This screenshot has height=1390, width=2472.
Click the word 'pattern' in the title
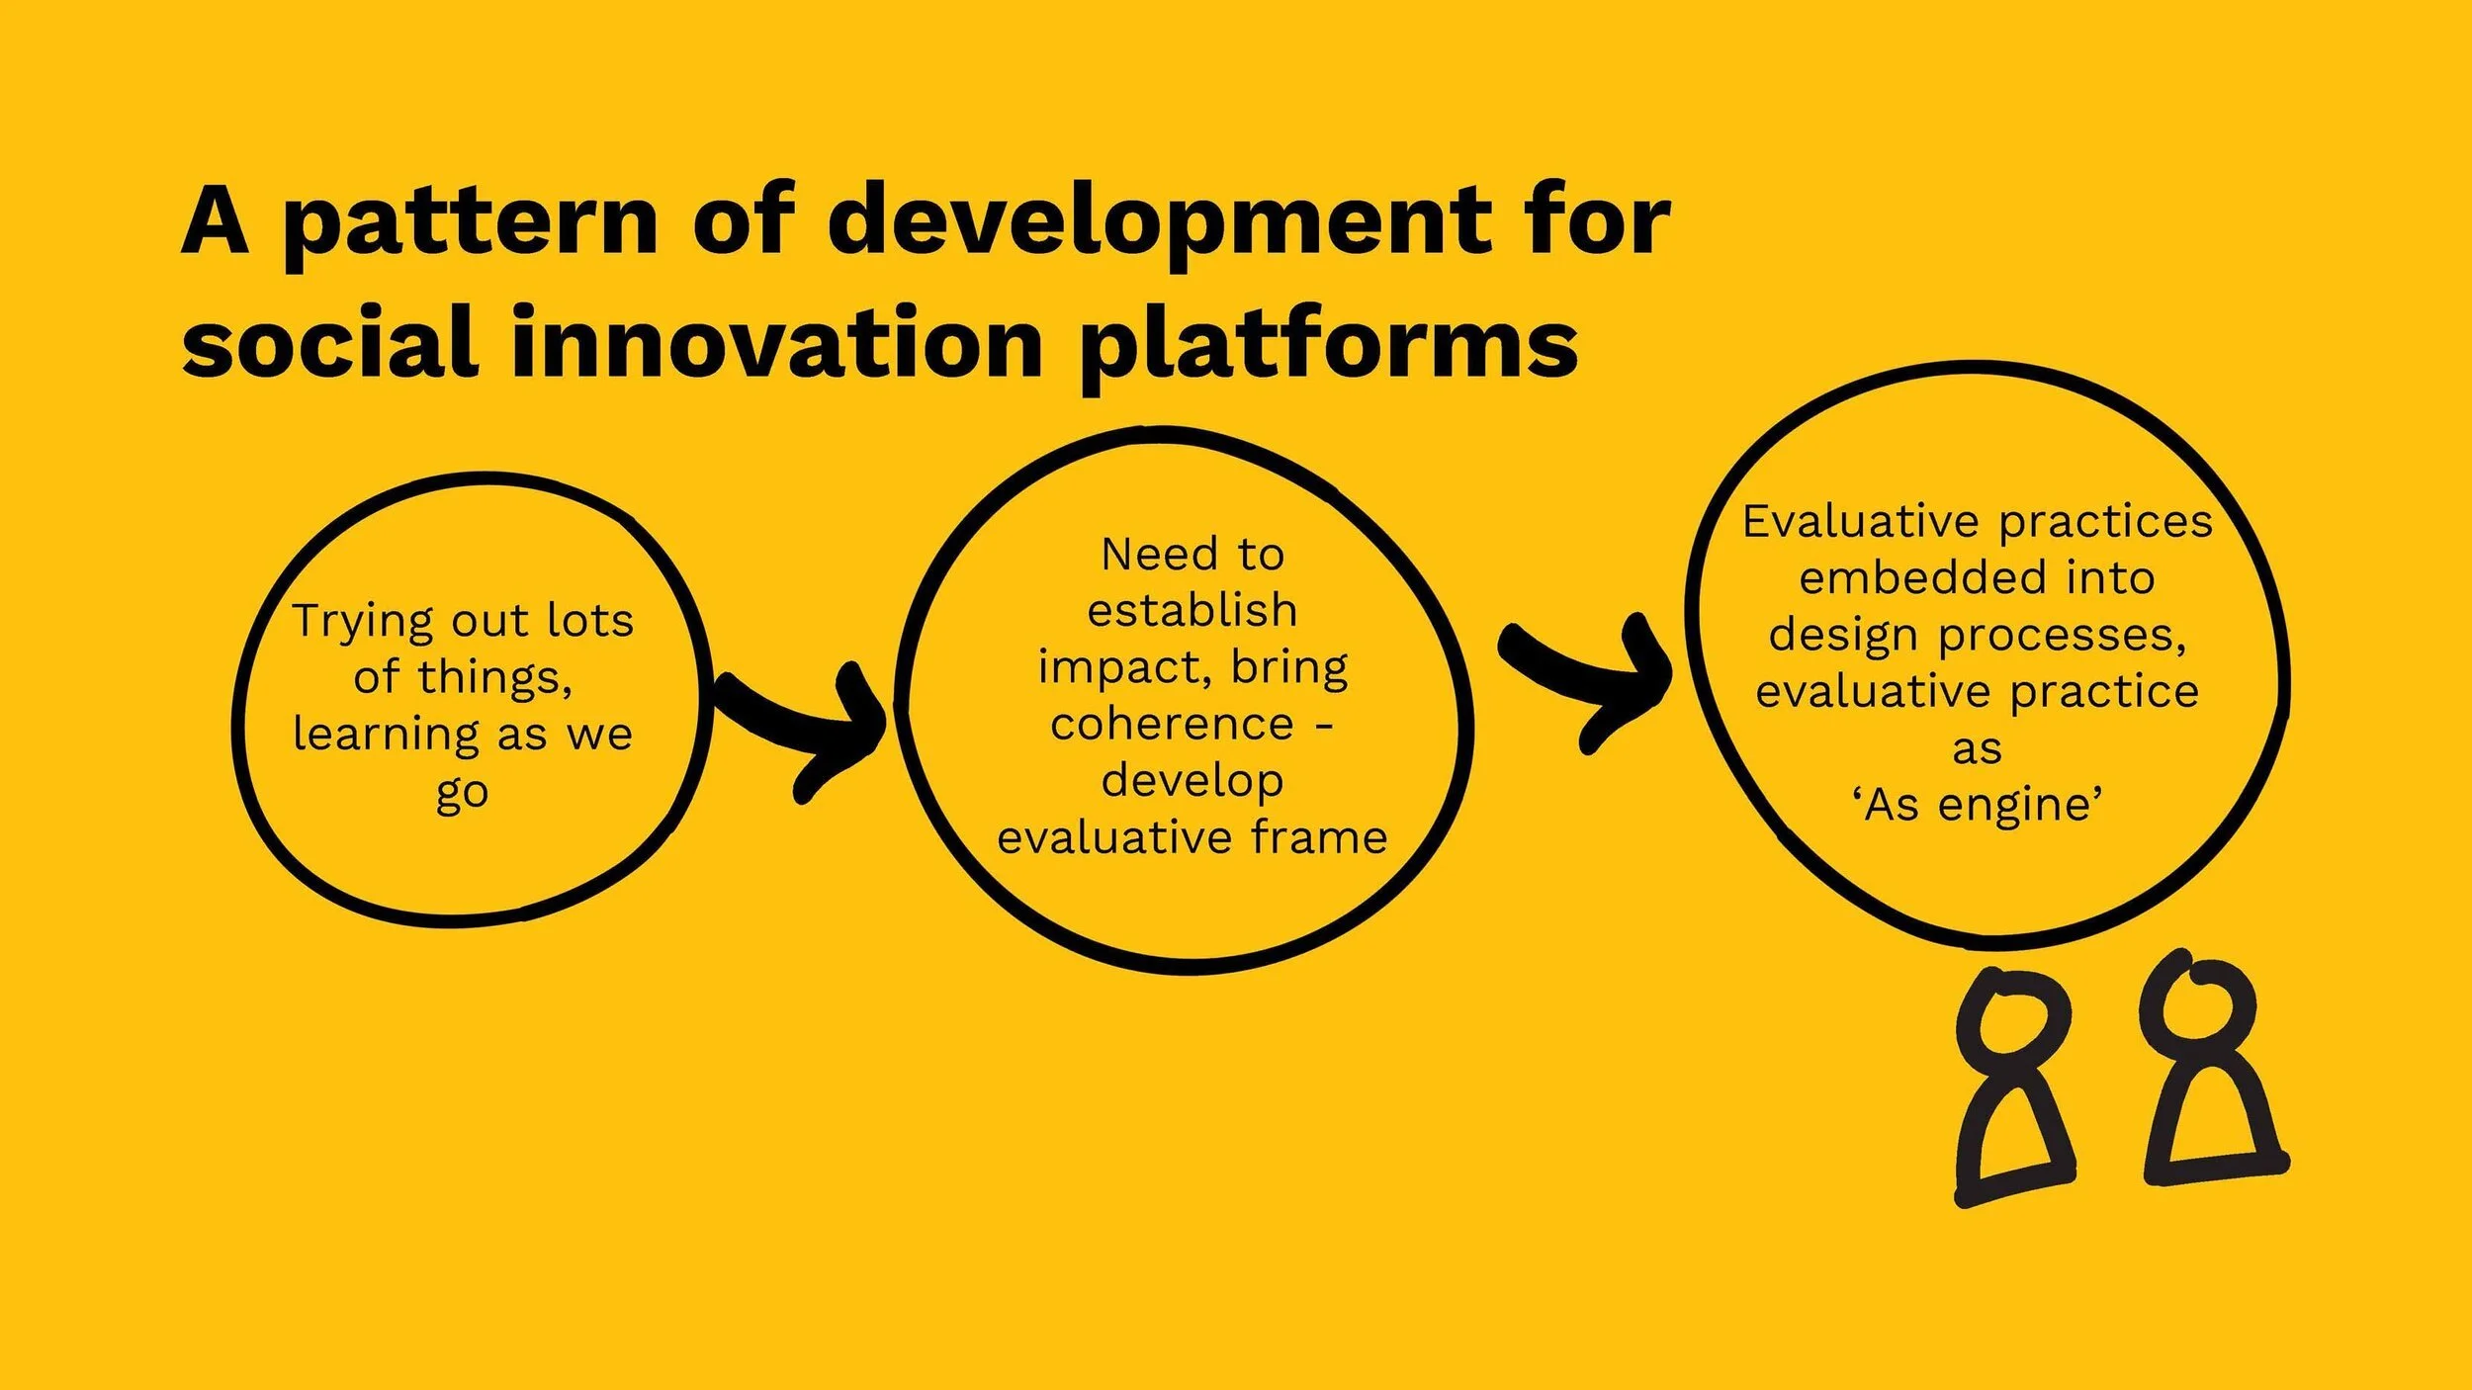471,222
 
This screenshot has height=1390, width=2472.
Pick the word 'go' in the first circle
462,793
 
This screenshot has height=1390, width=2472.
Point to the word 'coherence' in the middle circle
1172,725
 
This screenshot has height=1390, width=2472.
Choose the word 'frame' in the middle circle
1319,838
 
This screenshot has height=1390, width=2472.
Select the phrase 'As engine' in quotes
1978,805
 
